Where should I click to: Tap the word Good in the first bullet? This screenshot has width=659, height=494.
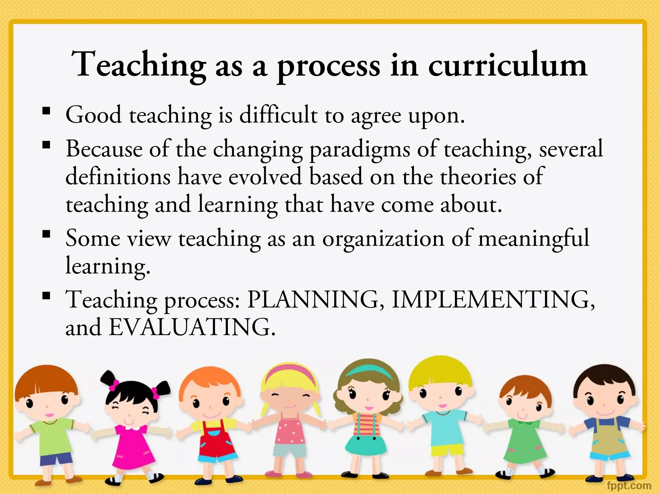click(94, 115)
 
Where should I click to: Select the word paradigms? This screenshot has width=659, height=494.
click(359, 150)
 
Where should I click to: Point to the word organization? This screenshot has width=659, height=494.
click(383, 239)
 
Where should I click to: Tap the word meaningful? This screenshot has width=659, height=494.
click(533, 239)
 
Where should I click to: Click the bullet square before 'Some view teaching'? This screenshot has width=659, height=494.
click(46, 233)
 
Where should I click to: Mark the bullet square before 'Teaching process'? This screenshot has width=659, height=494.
click(46, 295)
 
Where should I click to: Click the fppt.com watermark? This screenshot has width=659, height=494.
click(629, 485)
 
